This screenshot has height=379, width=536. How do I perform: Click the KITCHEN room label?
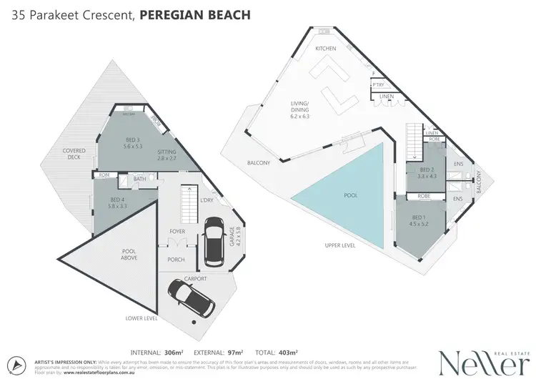(x=326, y=49)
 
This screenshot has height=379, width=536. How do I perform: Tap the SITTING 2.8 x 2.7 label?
(x=167, y=155)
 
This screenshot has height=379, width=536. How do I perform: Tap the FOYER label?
(x=177, y=232)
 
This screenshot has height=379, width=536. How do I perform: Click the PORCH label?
(x=176, y=260)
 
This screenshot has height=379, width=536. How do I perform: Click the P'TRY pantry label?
(x=379, y=86)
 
